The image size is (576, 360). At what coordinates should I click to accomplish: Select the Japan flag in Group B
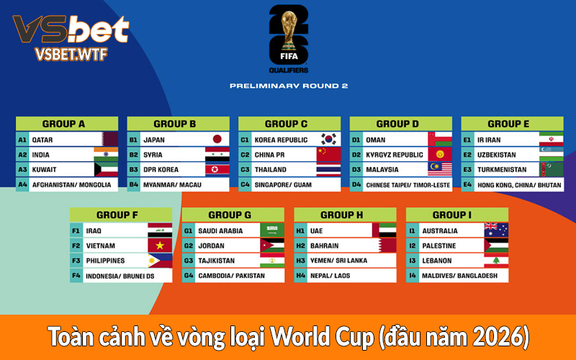coord(217,140)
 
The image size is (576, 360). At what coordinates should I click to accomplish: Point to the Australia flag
coord(495,230)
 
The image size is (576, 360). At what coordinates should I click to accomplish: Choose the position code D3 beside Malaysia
coord(356,170)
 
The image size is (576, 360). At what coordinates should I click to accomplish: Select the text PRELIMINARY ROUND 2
coord(288,86)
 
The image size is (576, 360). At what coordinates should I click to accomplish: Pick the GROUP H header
coord(345,215)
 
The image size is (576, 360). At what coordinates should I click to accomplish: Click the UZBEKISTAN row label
coord(497,155)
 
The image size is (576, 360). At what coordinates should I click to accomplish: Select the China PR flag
coord(328,155)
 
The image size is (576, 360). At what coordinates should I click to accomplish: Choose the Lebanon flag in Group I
coord(495,261)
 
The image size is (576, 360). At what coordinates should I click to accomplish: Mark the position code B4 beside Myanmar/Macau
coord(133,185)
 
